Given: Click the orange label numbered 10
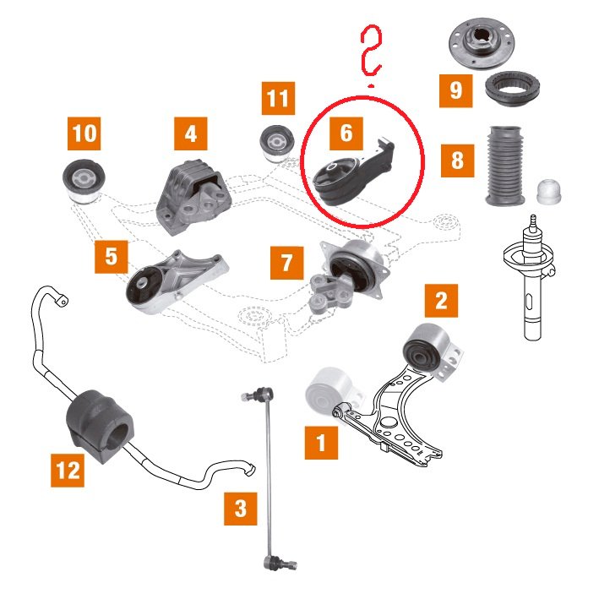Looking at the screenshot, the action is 84,133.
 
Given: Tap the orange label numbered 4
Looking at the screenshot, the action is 191,133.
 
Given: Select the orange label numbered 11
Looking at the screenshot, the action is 278,98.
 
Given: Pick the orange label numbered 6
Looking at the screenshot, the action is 346,133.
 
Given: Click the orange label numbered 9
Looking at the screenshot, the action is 455,91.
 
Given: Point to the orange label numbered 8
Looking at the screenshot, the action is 457,161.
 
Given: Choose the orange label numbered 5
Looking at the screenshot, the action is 112,257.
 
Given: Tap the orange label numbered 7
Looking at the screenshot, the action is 287,263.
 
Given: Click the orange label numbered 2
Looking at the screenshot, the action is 441,301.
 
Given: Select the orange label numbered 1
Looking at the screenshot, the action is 321,443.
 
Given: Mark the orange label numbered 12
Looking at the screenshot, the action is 68,471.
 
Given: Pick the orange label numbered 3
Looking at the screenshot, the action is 240,509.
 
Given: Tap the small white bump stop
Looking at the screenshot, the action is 549,191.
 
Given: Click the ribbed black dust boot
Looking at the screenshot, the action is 504,166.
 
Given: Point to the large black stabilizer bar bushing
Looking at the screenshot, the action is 99,426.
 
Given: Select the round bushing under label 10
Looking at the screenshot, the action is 84,181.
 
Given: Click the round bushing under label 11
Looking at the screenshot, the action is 276,144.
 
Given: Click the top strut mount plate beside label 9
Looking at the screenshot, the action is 482,44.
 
